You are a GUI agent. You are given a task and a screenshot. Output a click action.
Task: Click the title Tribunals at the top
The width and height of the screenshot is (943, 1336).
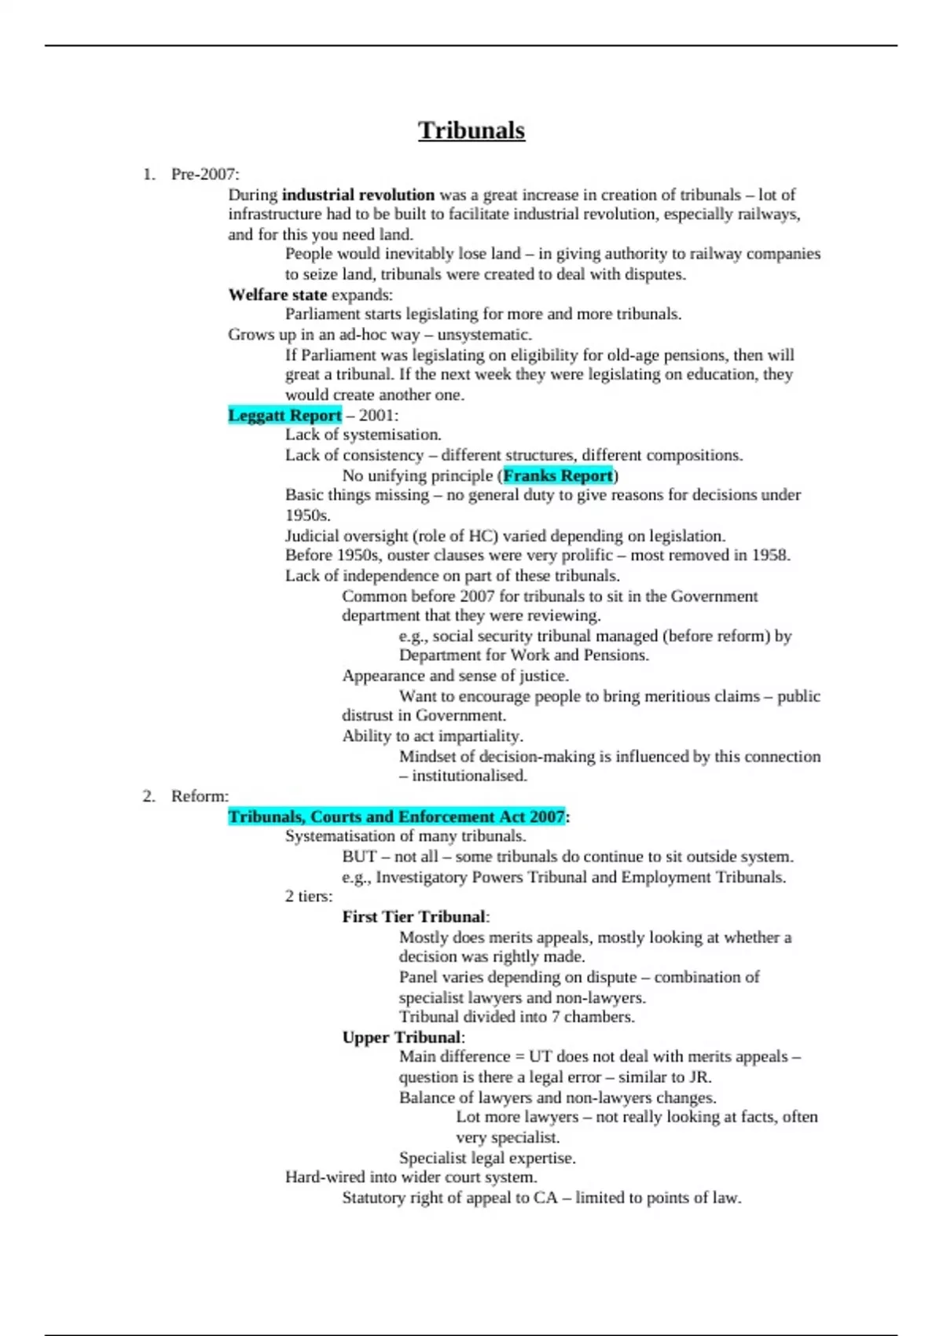pos(471,130)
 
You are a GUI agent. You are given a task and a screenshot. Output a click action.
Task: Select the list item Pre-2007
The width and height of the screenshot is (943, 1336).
pos(204,174)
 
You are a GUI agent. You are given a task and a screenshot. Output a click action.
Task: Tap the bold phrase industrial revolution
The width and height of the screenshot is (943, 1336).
pos(358,195)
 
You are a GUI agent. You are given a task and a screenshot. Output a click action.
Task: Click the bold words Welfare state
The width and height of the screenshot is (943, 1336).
pos(277,295)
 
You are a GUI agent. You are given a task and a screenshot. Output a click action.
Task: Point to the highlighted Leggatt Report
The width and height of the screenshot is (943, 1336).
pos(284,415)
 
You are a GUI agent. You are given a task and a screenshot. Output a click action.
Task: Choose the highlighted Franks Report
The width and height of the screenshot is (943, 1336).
pos(558,475)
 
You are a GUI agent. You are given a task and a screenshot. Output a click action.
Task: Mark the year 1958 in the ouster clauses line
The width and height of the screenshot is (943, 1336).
pos(769,556)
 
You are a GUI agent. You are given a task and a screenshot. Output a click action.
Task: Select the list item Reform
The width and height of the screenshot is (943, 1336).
pos(199,796)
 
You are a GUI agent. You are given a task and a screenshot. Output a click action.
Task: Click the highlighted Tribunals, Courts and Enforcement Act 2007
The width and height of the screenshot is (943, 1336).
pos(396,817)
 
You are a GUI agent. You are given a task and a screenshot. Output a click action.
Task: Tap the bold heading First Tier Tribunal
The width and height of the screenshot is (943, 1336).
pos(414,917)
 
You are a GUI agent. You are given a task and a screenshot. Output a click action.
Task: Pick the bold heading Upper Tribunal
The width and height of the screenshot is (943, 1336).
pos(402,1037)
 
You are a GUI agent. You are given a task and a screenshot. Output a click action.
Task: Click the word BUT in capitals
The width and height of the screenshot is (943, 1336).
pos(359,857)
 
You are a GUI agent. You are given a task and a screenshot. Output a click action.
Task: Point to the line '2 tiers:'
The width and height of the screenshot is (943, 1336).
pos(309,897)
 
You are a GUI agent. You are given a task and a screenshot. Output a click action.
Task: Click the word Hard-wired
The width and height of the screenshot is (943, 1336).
pos(325,1177)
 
